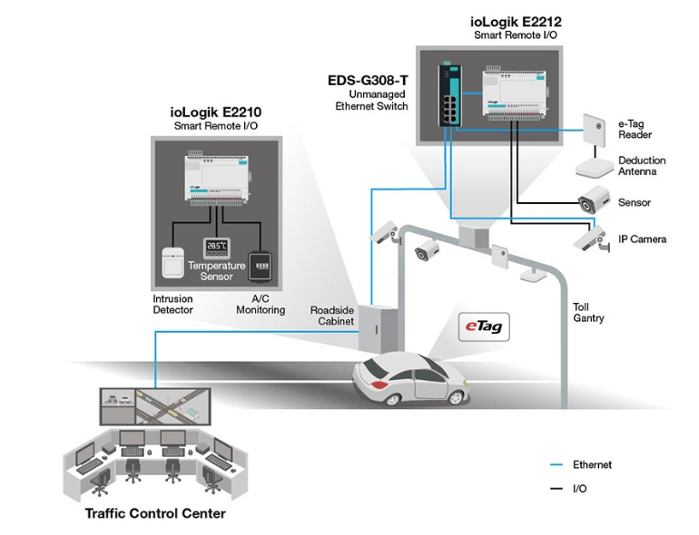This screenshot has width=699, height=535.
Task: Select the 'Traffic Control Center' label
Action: [154, 513]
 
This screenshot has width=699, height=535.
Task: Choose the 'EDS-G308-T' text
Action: [368, 80]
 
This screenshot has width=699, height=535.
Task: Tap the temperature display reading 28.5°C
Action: [216, 246]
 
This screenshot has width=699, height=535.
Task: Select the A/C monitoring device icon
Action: [261, 264]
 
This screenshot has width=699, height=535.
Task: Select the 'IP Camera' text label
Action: [643, 239]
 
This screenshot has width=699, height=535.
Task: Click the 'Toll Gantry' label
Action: [589, 313]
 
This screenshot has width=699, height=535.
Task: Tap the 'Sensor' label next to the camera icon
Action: [634, 202]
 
